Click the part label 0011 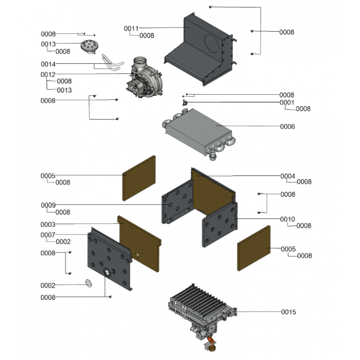coord(131,29)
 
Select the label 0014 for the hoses coord(48,64)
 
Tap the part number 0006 coord(288,127)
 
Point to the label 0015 coord(288,312)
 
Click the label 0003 coord(48,224)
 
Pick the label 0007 coord(48,234)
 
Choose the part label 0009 coord(48,205)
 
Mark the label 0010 coord(288,219)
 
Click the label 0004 coord(288,176)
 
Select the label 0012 coord(48,74)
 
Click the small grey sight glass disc coord(88,283)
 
